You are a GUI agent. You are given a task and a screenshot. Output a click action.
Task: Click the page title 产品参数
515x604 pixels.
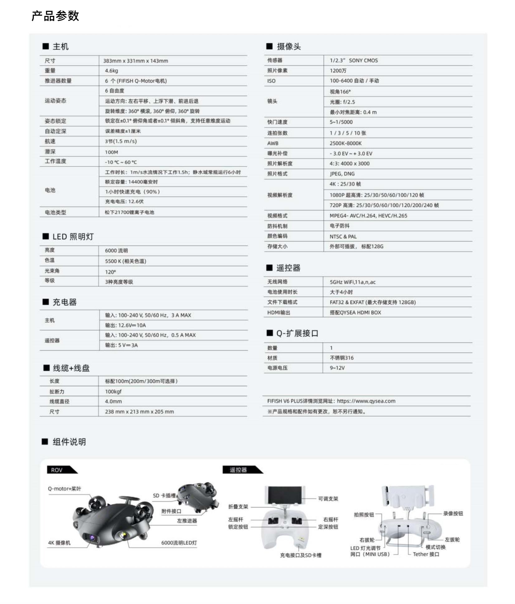pos(55,16)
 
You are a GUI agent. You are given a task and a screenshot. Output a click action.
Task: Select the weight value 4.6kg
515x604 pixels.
pos(111,71)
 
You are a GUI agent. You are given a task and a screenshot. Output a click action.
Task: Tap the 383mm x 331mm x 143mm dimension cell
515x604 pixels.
pos(136,61)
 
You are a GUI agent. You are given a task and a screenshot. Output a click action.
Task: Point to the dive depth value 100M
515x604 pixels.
pos(111,152)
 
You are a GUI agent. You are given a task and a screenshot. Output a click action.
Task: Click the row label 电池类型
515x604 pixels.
pos(55,212)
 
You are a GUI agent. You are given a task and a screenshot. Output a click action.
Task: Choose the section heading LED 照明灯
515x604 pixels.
pos(73,237)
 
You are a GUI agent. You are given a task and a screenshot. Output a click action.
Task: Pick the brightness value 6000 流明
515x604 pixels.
pos(116,251)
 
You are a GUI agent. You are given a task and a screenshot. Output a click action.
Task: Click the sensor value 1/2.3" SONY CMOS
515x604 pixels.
pos(354,60)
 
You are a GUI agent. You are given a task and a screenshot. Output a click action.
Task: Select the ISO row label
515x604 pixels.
pos(271,81)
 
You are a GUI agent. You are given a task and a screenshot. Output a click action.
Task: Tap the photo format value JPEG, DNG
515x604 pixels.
pos(342,174)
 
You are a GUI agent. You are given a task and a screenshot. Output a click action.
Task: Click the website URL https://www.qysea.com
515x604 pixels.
pos(366,401)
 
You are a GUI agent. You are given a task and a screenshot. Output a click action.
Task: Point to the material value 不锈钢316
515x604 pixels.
pos(341,358)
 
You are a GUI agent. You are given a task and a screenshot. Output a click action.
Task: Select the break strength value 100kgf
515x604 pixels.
pos(113,391)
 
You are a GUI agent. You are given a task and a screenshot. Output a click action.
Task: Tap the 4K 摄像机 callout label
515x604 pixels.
pos(59,543)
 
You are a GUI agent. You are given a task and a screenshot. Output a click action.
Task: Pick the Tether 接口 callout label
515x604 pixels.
pos(426,554)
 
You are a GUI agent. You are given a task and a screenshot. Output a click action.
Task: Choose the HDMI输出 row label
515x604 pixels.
pos(279,312)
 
